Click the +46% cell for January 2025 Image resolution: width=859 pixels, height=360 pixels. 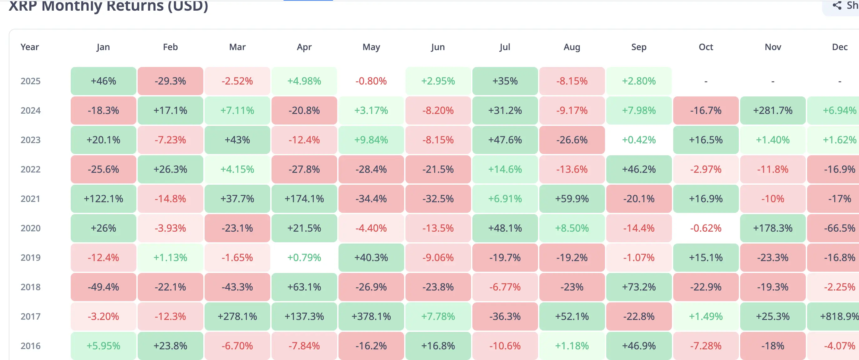click(103, 81)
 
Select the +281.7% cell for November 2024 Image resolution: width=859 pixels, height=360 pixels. click(773, 111)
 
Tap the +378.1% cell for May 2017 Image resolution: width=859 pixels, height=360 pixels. click(371, 316)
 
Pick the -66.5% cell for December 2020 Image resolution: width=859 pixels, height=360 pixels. click(839, 228)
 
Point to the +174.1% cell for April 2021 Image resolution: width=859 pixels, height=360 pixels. click(304, 199)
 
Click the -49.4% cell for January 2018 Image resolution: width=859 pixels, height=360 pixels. click(103, 287)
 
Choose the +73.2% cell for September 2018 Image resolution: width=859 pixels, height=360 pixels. click(638, 287)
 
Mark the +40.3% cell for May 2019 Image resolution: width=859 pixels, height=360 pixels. click(371, 258)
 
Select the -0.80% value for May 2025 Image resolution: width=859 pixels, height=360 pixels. click(371, 81)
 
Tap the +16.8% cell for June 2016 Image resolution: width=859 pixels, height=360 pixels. click(438, 346)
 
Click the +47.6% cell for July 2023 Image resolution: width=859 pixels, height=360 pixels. click(505, 140)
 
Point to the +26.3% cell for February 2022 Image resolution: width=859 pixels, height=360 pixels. click(170, 169)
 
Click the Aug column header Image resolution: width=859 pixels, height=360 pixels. click(572, 47)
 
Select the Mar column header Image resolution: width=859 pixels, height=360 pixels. click(237, 47)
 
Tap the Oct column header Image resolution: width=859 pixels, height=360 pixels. click(706, 47)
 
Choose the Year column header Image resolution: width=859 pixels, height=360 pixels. click(30, 47)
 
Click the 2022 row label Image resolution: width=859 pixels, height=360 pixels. click(30, 169)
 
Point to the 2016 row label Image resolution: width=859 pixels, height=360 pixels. click(30, 346)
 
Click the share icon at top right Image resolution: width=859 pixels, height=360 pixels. click(837, 5)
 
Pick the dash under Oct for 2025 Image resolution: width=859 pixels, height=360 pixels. click(706, 81)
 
